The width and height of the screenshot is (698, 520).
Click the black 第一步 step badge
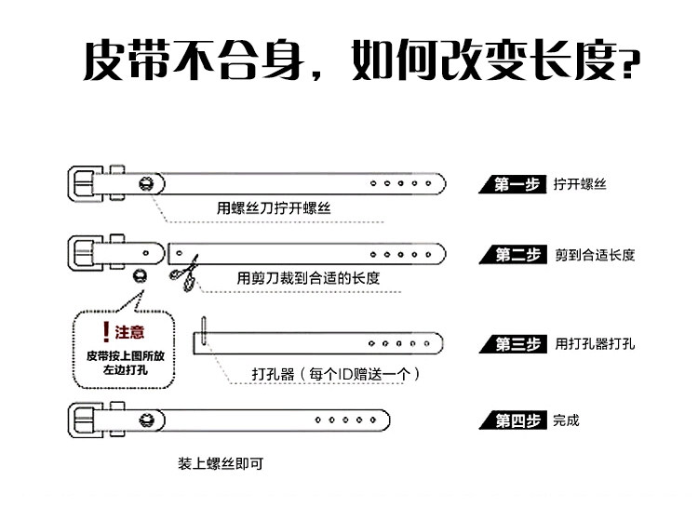(511, 184)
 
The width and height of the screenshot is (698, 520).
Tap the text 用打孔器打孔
(595, 344)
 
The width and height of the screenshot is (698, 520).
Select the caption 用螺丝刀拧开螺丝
(273, 208)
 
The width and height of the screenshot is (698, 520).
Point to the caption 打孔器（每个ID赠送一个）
(336, 374)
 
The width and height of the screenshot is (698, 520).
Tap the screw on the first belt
(145, 181)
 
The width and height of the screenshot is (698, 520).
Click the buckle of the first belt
(88, 181)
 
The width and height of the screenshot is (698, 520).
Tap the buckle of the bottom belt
(88, 420)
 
